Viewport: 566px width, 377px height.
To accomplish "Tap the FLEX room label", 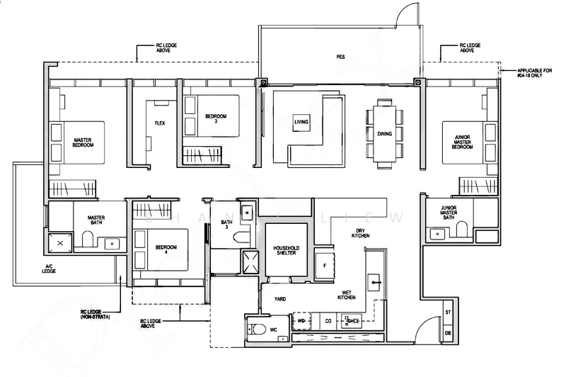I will point(160,123).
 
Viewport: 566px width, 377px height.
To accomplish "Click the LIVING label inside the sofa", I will point(302,123).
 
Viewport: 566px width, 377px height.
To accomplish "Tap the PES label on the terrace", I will point(340,57).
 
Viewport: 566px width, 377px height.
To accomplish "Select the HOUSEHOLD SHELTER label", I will point(287,251).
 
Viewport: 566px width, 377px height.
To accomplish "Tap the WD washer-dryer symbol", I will point(301,321).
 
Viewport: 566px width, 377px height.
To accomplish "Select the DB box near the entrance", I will point(448,332).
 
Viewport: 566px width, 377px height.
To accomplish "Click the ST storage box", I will point(448,313).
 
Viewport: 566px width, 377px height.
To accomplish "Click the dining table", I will point(384,135).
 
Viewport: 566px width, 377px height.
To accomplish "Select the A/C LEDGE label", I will point(48,268).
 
